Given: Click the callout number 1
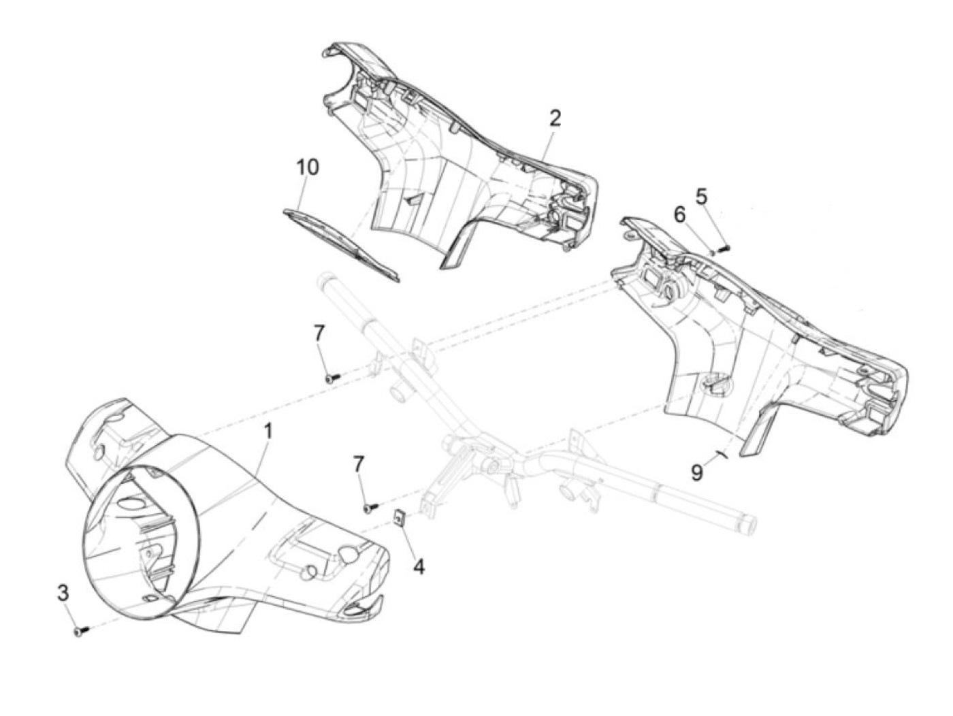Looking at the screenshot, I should coord(268,431).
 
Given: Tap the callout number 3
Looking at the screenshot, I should coord(63,593).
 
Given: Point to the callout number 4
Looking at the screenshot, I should coord(419,566).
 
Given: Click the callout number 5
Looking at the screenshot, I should coord(701,196).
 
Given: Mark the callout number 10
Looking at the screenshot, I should coord(307,167).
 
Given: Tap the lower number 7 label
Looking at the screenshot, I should coord(358,466).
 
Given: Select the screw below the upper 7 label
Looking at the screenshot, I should coord(332,376).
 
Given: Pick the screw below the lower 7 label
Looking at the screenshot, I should coord(370,506).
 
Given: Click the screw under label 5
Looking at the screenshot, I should coord(723,248).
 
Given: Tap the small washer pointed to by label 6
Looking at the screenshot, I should coord(712,252).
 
